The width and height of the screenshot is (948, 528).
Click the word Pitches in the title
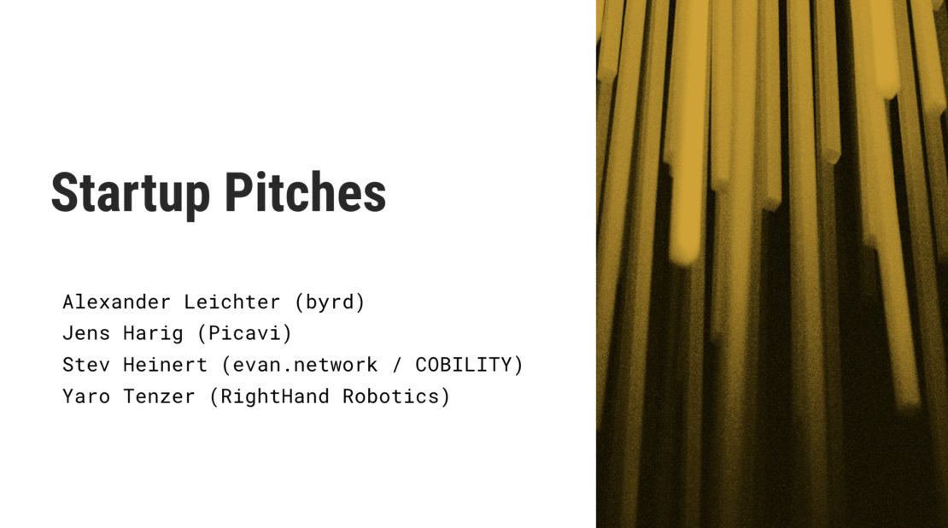(x=305, y=192)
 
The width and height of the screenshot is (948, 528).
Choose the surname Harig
(x=160, y=334)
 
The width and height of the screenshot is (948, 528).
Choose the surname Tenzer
(x=160, y=396)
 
